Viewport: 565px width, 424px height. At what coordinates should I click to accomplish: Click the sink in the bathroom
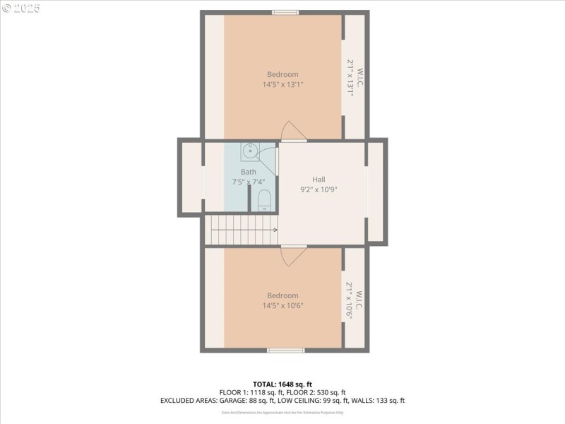250,151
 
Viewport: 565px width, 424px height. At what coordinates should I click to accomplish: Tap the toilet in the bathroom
264,200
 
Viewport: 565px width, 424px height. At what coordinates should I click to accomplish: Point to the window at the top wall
285,12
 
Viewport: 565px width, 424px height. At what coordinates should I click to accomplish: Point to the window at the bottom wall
286,350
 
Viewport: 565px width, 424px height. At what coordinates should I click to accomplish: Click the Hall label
319,179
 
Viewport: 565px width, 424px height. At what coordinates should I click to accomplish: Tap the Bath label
248,172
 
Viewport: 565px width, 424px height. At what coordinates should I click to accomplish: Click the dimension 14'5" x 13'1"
282,84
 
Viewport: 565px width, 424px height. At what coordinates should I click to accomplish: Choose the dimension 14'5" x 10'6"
282,305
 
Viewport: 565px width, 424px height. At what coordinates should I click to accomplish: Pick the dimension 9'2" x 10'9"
319,189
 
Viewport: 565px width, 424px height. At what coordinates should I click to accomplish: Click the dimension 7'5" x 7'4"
248,182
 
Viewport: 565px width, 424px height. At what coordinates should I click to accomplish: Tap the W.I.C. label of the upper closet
359,77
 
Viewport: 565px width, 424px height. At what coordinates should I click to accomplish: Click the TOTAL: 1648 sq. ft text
282,384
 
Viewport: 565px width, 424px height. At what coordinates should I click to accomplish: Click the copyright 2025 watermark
21,8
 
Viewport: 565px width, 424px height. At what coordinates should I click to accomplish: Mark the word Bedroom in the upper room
282,74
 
